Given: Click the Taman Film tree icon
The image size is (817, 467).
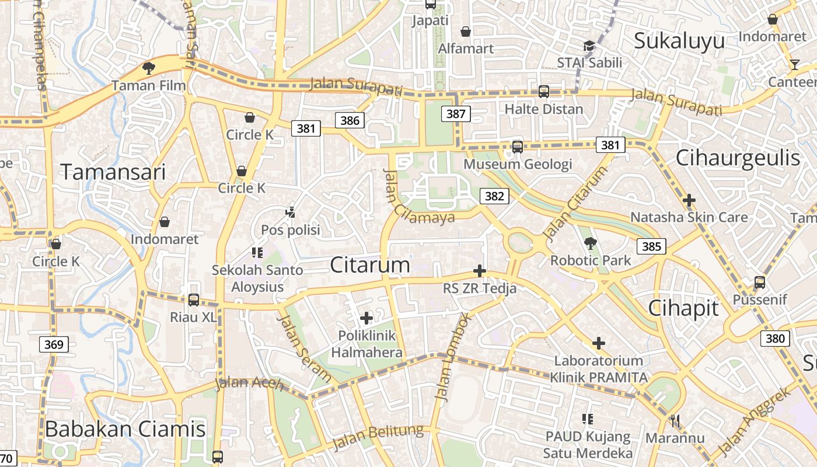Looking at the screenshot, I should pyautogui.click(x=149, y=68).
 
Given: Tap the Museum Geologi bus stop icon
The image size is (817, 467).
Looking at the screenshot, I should pyautogui.click(x=517, y=147).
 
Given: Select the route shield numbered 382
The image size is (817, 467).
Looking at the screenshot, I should pyautogui.click(x=494, y=196).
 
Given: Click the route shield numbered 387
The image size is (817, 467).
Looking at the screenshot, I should pyautogui.click(x=455, y=114).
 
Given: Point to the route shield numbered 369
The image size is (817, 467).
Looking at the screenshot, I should pyautogui.click(x=54, y=344).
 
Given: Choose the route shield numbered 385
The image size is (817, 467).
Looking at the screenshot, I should pyautogui.click(x=651, y=246).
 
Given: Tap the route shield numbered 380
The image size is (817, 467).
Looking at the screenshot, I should pyautogui.click(x=775, y=339).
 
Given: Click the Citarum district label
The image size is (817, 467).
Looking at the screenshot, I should pyautogui.click(x=370, y=265).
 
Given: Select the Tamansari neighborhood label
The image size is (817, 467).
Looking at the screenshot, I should pyautogui.click(x=113, y=172).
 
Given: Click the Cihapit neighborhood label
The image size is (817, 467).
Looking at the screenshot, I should pyautogui.click(x=683, y=308).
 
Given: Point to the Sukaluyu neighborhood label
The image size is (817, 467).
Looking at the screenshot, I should pyautogui.click(x=679, y=41).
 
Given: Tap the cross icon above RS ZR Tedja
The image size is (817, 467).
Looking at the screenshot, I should pyautogui.click(x=479, y=271).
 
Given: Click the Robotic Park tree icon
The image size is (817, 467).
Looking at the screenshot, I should pyautogui.click(x=590, y=243).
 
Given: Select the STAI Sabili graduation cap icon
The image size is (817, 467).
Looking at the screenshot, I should pyautogui.click(x=589, y=46).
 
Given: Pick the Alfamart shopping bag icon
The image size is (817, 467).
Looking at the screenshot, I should pyautogui.click(x=466, y=32).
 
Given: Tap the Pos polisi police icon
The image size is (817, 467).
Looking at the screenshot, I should pyautogui.click(x=290, y=212).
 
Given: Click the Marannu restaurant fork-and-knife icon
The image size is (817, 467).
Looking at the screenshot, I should pyautogui.click(x=675, y=420).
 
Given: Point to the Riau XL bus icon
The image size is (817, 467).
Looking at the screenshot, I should pyautogui.click(x=193, y=300).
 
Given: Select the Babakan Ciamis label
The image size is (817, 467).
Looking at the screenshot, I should pyautogui.click(x=125, y=429).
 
